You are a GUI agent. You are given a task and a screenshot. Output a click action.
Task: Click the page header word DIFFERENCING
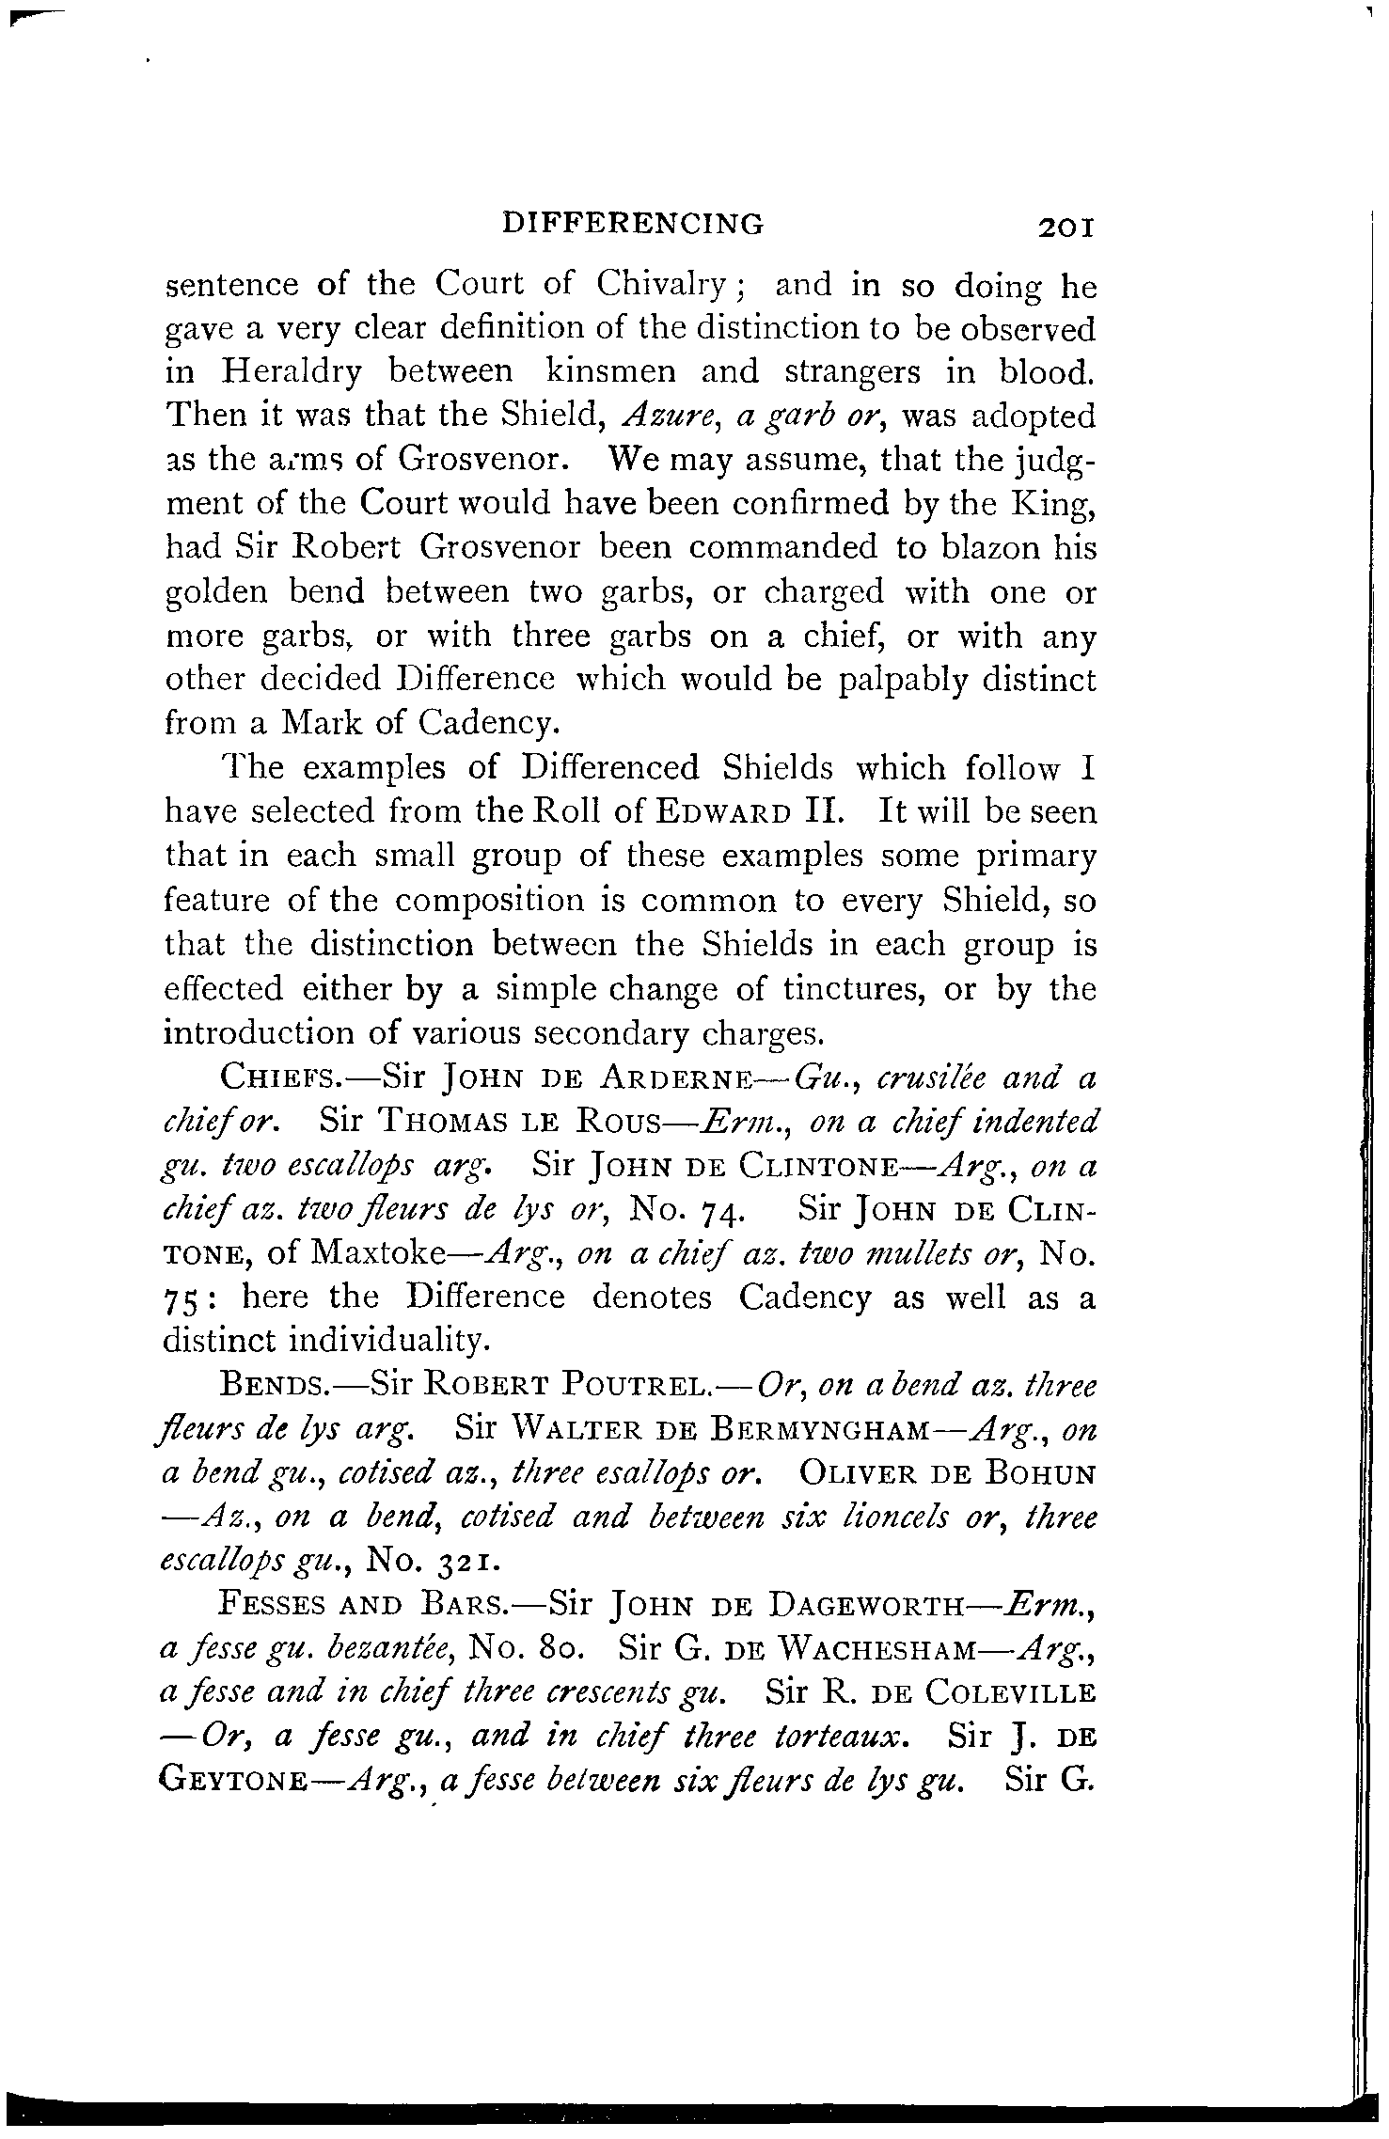click(633, 223)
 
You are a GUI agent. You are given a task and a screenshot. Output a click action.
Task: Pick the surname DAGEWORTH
click(881, 1608)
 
